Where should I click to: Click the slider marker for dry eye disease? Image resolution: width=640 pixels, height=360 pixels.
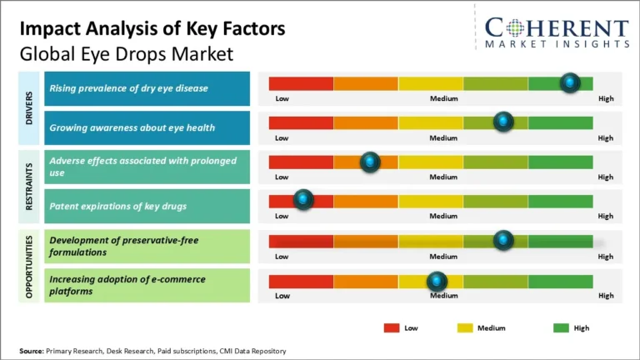click(x=570, y=82)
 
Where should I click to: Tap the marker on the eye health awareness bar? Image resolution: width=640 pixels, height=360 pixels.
click(x=503, y=122)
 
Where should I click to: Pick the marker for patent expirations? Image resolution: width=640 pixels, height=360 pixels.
click(x=303, y=200)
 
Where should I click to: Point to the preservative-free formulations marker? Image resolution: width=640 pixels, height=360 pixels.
click(x=503, y=241)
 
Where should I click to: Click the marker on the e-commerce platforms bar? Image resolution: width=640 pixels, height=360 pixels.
click(x=437, y=281)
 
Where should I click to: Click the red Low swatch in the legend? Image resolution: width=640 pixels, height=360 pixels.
click(x=391, y=327)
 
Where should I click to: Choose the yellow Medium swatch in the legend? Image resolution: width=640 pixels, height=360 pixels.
click(x=464, y=327)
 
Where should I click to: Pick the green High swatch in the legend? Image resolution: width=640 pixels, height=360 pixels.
click(x=561, y=327)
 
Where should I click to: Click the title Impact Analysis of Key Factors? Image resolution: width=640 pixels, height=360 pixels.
click(x=152, y=29)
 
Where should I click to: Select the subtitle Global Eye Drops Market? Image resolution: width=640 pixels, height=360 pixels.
click(x=126, y=54)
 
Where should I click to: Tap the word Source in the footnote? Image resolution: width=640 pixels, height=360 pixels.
click(x=32, y=352)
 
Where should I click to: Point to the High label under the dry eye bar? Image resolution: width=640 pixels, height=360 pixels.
click(x=605, y=98)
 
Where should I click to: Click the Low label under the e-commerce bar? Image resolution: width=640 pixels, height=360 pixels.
click(x=282, y=296)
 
